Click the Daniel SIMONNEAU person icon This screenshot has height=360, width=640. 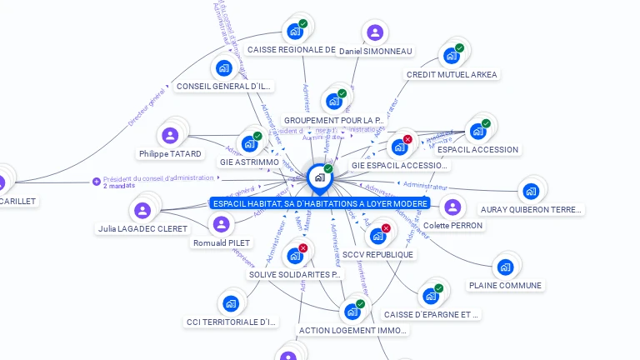click(375, 32)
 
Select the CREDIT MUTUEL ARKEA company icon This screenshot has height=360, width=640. click(452, 56)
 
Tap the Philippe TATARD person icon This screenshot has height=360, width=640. click(171, 135)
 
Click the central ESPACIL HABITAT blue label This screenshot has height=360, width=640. click(320, 203)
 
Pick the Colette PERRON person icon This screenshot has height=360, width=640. click(452, 207)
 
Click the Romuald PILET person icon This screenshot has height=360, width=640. click(221, 224)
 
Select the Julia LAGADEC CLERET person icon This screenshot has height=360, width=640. click(144, 209)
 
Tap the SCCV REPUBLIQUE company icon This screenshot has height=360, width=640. click(378, 236)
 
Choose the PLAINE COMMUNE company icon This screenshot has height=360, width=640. click(505, 267)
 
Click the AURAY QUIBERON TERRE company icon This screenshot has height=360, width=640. click(531, 191)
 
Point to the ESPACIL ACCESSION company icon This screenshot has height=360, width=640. click(477, 131)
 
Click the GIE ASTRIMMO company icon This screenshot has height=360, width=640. click(249, 143)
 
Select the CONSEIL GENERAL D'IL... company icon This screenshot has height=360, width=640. click(223, 67)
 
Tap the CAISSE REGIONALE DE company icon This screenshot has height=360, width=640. click(294, 31)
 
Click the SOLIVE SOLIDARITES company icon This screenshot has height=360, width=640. click(295, 256)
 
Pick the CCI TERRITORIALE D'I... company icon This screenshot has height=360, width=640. click(231, 303)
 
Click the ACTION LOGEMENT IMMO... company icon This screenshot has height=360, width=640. click(352, 312)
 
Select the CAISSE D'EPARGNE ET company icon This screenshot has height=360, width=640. click(431, 296)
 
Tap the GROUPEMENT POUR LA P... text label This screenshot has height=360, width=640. click(333, 121)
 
